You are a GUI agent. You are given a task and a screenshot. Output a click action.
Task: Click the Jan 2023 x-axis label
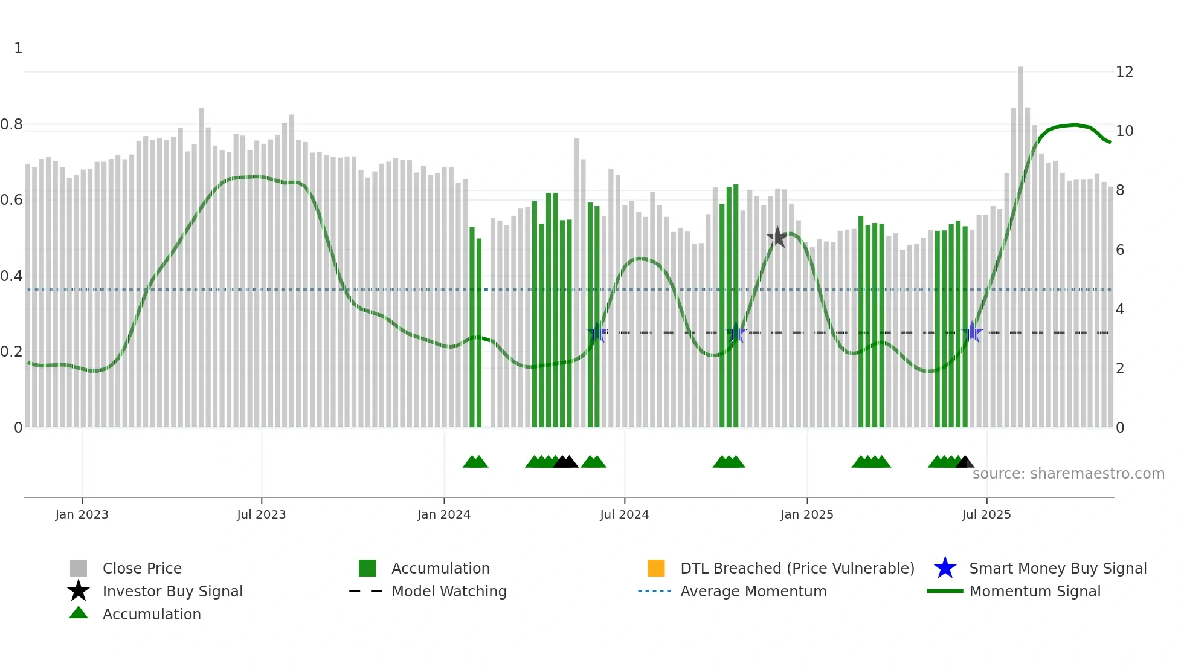(82, 514)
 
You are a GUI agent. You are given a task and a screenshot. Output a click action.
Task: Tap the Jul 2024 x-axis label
(624, 514)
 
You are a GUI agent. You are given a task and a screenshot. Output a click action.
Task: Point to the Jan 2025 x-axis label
(806, 514)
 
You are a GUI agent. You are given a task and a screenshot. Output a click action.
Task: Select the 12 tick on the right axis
(1124, 72)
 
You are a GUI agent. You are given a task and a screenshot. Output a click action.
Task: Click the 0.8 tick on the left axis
(11, 124)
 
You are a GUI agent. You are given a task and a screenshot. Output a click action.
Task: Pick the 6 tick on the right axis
(1120, 250)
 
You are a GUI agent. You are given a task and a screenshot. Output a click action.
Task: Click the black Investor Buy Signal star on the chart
(777, 238)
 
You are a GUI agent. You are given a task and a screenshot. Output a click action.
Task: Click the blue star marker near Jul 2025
(972, 332)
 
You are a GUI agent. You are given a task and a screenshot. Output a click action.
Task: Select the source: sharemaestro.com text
(1068, 474)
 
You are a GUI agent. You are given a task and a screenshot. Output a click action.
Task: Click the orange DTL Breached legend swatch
(656, 568)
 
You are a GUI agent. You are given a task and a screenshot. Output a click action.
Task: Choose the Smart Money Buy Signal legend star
(945, 568)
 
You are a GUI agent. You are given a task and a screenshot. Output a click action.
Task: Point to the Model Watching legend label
(449, 591)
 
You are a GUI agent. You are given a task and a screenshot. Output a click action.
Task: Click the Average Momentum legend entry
(753, 591)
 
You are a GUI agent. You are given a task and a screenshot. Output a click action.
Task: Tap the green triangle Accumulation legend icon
(79, 613)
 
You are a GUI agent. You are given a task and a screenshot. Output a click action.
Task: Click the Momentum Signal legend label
(1035, 591)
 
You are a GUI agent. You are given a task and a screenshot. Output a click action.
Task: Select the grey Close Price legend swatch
(79, 568)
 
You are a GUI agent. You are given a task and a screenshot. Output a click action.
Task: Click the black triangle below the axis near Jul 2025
(965, 462)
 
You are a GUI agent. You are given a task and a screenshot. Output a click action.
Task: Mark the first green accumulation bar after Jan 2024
(472, 326)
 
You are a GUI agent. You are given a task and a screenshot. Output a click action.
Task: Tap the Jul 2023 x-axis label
(261, 514)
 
